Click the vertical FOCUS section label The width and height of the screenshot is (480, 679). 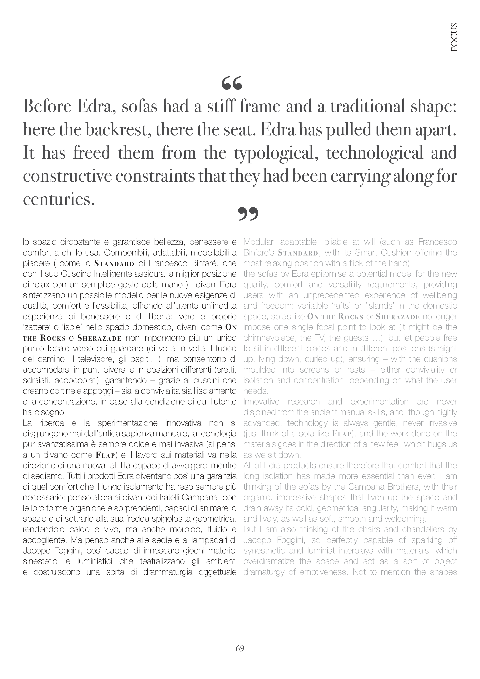[x=454, y=37]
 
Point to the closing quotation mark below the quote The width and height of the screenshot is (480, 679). [x=248, y=214]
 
